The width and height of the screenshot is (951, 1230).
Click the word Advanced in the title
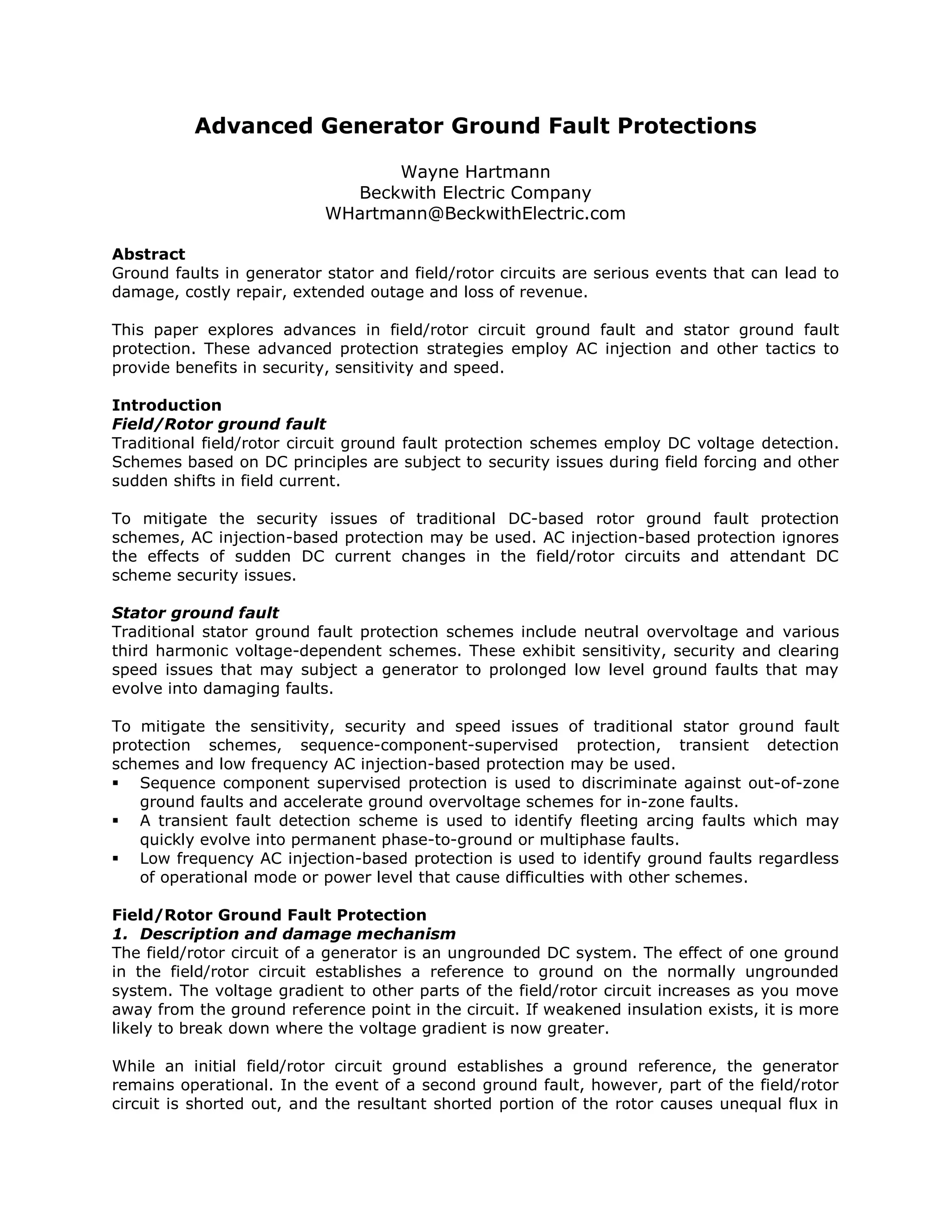(x=253, y=126)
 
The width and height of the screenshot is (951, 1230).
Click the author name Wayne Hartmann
(x=475, y=171)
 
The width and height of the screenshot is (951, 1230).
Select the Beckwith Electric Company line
(x=475, y=193)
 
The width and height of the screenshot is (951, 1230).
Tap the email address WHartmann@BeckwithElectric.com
(x=475, y=214)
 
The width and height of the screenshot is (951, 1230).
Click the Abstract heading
(x=148, y=254)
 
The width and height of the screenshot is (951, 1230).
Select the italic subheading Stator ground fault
(x=195, y=612)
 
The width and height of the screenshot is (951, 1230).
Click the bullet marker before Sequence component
(x=116, y=783)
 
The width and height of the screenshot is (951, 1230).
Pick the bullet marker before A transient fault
(x=116, y=821)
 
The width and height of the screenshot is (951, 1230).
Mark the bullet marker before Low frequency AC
(x=116, y=858)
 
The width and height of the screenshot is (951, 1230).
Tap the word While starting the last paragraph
(x=134, y=1066)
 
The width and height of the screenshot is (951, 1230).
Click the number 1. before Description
(x=119, y=933)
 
